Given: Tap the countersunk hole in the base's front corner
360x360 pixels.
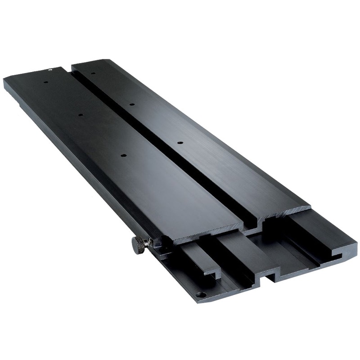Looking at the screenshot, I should pos(201,295).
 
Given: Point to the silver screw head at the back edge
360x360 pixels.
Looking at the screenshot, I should pos(51,69).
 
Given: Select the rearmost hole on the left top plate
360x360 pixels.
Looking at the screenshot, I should pos(45,83).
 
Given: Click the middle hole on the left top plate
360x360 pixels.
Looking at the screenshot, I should pos(81,115).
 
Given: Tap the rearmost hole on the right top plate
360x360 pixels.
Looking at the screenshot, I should pos(93,73).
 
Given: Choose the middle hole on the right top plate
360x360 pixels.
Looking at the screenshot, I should pos(132,104).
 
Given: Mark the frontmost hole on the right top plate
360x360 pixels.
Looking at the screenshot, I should pos(180,143).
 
